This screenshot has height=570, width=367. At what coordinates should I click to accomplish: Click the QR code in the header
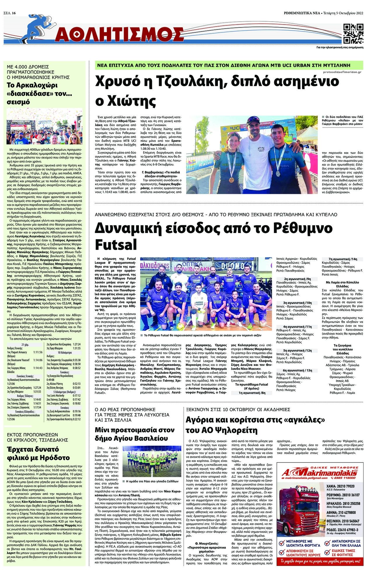click(x=353, y=33)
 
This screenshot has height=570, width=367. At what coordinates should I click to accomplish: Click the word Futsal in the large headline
click(x=116, y=244)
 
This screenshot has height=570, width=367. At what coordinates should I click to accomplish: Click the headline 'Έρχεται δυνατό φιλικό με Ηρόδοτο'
click(x=39, y=453)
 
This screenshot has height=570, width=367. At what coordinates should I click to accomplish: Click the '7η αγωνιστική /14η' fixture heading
click(x=342, y=259)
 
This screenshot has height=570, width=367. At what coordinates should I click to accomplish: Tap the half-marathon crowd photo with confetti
click(x=45, y=126)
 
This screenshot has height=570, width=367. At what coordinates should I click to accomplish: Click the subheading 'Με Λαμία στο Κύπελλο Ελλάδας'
click(x=342, y=284)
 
